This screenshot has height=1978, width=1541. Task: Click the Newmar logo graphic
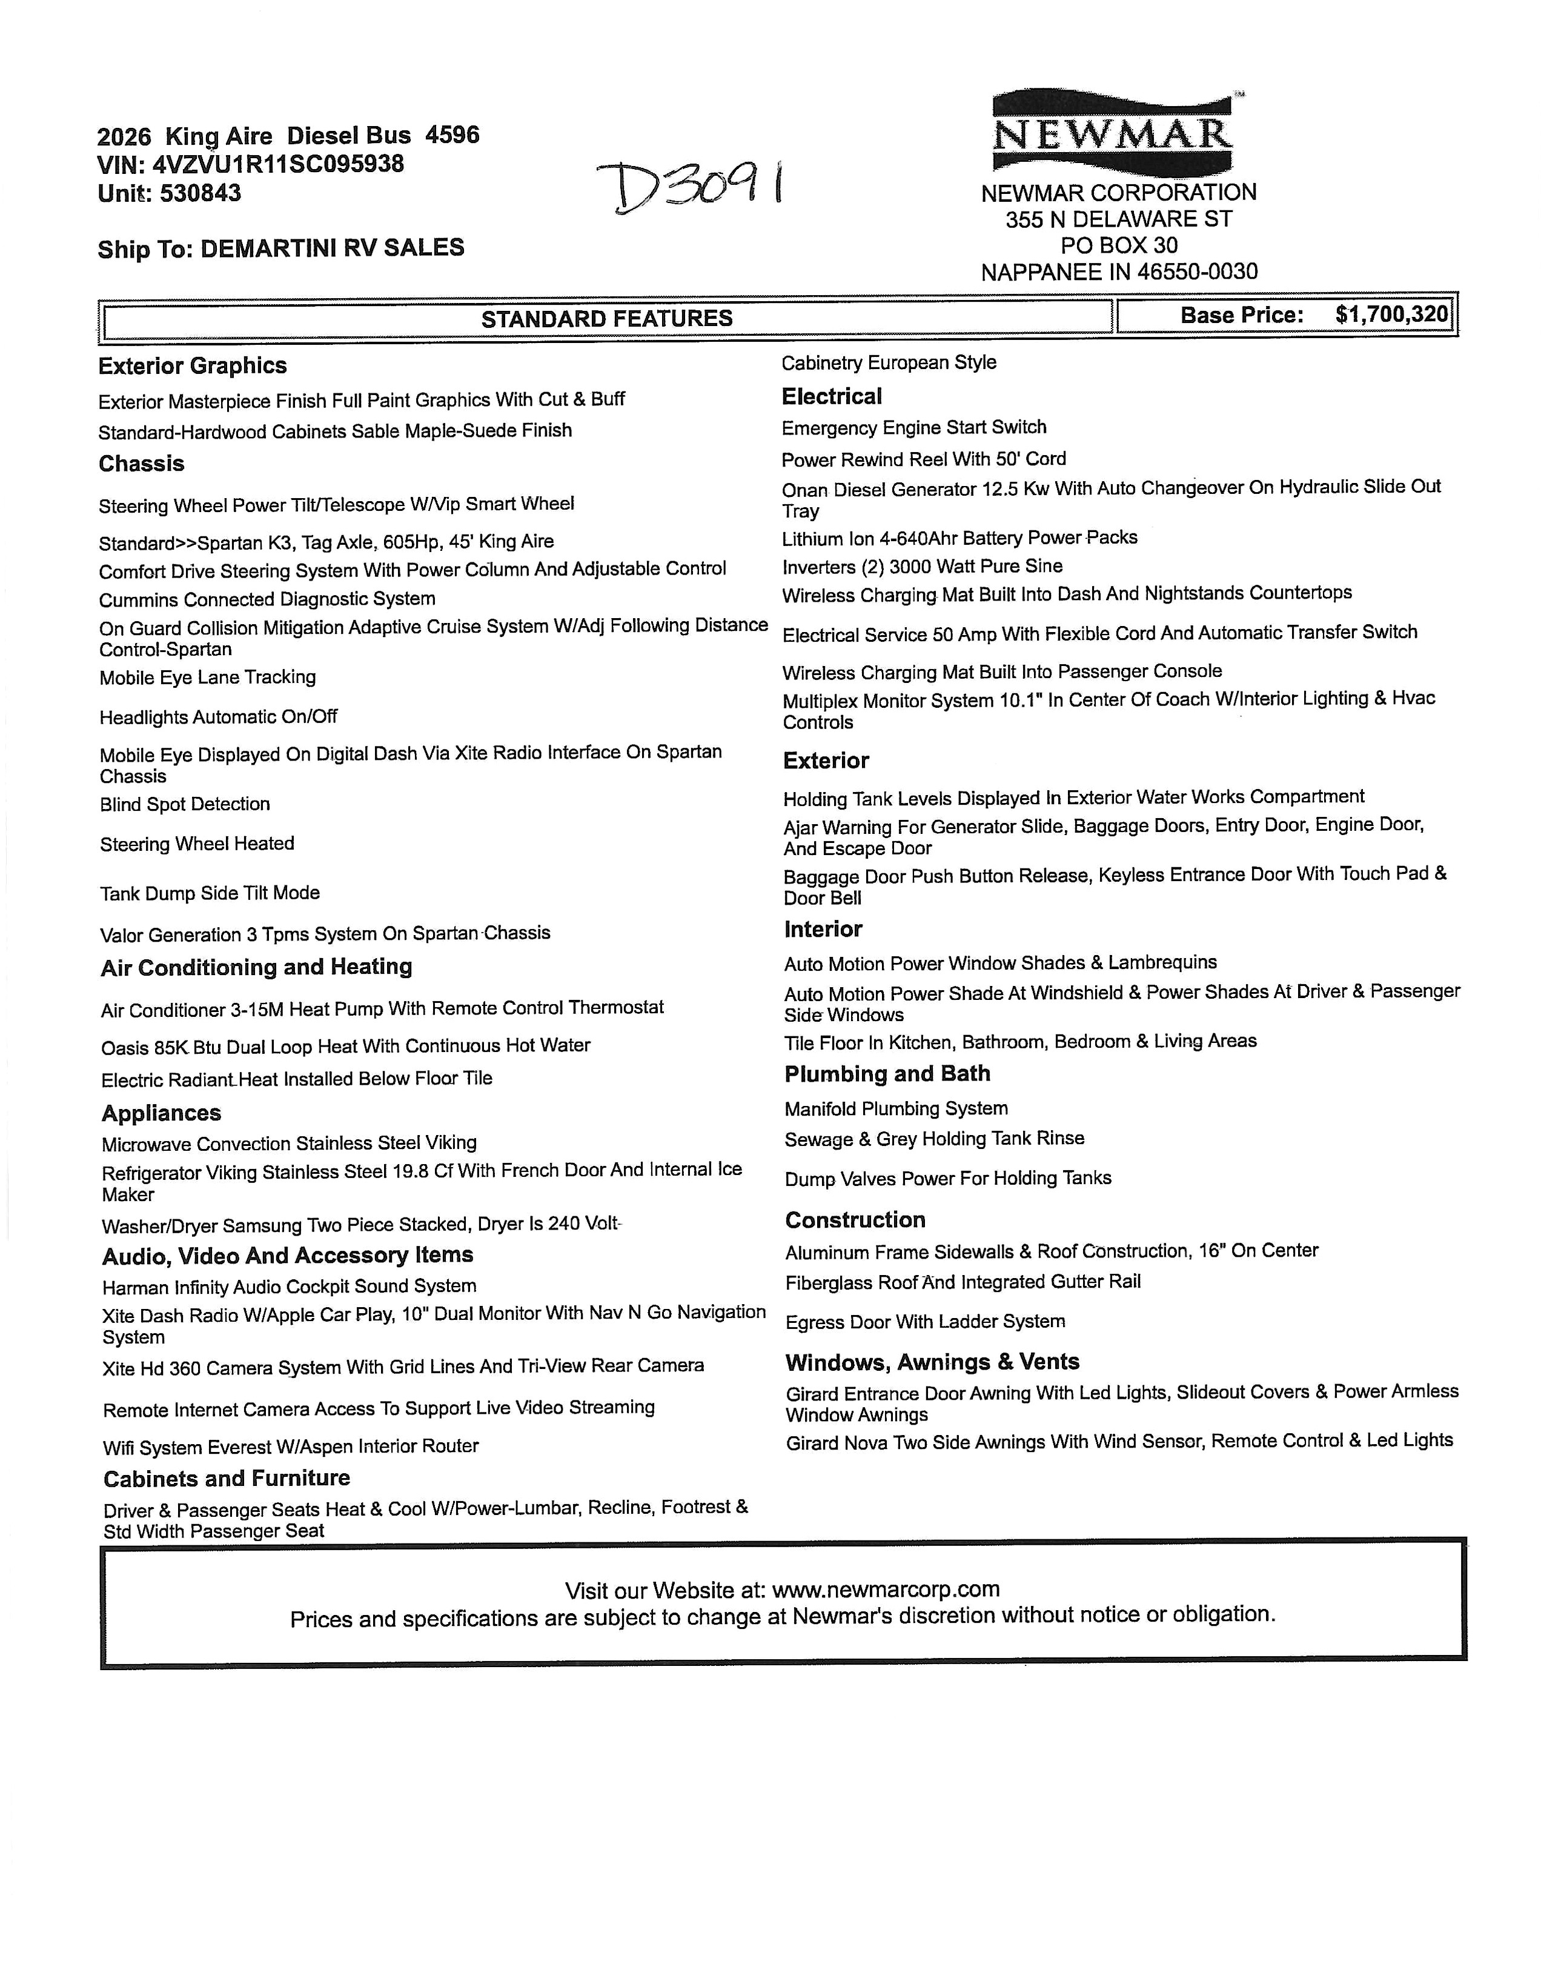coord(1113,132)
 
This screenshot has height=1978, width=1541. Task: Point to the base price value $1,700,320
coord(1391,315)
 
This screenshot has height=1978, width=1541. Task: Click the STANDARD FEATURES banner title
coord(606,319)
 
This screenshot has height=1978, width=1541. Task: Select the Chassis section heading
coord(141,464)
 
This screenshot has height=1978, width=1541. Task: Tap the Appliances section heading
coord(161,1113)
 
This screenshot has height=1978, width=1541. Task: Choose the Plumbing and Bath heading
coord(887,1074)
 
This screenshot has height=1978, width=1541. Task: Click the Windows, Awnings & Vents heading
coord(933,1362)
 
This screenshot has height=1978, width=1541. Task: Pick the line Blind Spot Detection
coord(185,804)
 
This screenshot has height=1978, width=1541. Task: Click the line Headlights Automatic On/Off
coord(218,718)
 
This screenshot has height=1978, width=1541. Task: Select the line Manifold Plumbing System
coord(895,1108)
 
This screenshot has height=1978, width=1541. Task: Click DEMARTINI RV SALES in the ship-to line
coord(333,248)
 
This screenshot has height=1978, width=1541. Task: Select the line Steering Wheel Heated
coord(197,844)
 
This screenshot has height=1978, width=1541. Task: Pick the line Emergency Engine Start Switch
coord(913,427)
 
